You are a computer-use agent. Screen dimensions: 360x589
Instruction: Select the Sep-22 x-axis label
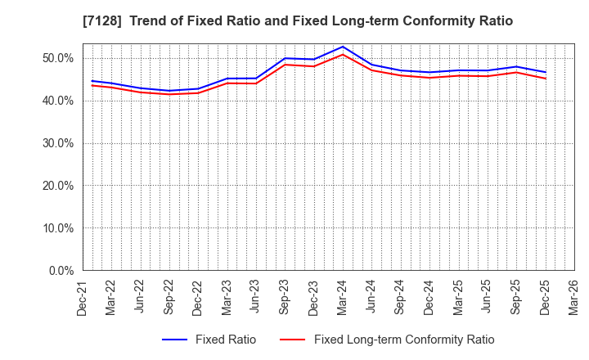click(168, 295)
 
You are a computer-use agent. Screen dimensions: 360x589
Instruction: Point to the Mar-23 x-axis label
click(226, 295)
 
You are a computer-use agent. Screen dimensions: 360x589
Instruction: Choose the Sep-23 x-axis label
click(284, 295)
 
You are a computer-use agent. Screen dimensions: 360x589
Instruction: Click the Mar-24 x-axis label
click(342, 295)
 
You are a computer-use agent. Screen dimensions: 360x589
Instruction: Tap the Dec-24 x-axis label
click(429, 295)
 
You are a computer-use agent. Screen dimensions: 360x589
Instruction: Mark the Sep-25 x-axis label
click(516, 295)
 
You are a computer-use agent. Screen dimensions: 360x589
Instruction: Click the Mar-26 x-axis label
click(574, 295)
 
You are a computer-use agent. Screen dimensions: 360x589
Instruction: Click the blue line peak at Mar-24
click(343, 47)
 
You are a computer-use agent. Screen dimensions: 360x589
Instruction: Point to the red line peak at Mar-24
click(343, 55)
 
